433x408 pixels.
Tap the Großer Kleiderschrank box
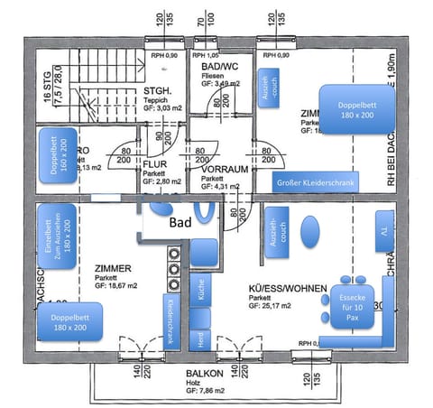tap(316, 183)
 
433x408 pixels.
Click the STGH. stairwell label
tap(159, 91)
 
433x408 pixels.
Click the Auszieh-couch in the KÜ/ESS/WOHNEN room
tap(273, 231)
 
